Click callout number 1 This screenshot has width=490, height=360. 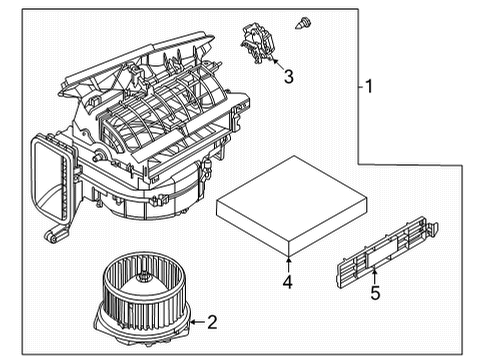tap(369, 86)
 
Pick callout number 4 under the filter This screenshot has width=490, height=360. tap(287, 283)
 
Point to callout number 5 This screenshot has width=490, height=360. tap(375, 295)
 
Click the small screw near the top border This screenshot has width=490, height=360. tap(299, 20)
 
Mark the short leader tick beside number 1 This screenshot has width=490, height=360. tap(359, 86)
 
